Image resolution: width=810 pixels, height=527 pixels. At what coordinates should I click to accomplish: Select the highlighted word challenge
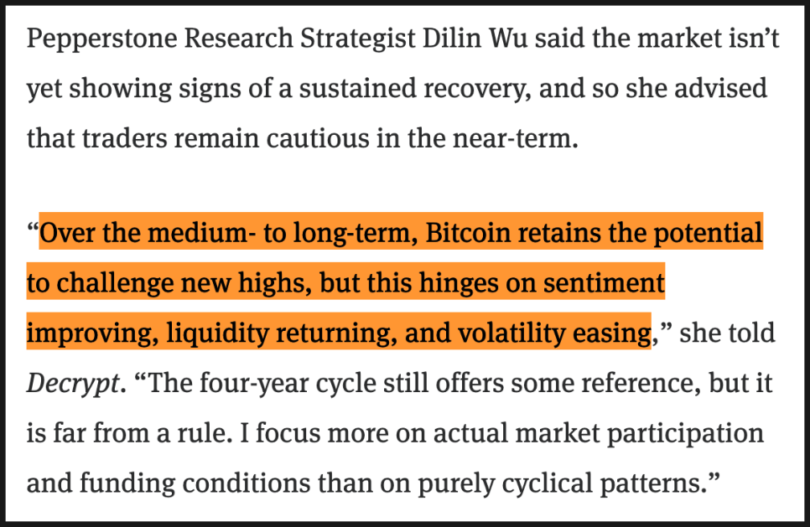[116, 282]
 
